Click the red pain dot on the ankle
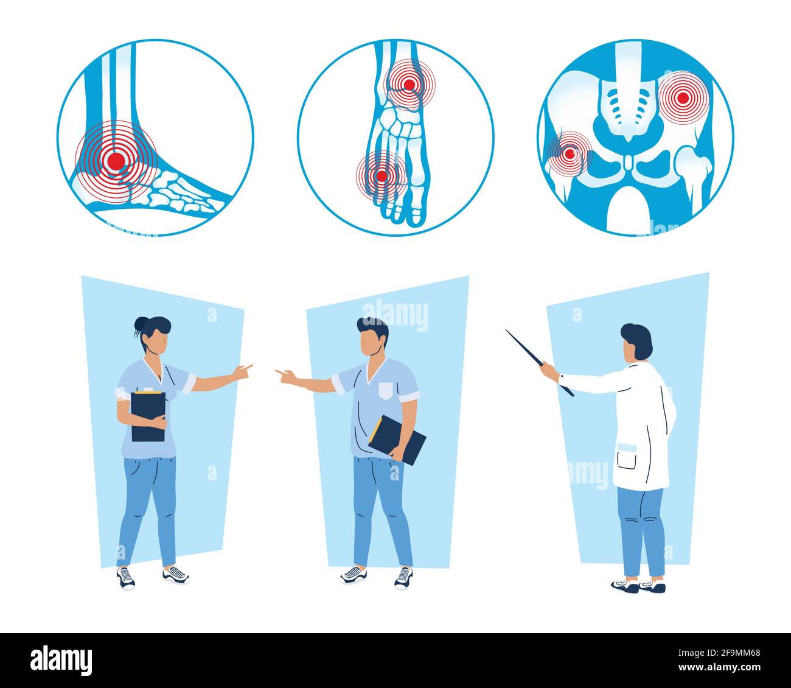click(116, 160)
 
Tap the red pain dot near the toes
click(382, 177)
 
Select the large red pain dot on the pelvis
click(683, 97)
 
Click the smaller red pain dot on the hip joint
click(570, 153)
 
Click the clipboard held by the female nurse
click(148, 416)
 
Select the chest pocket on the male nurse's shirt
click(386, 390)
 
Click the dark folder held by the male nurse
click(397, 440)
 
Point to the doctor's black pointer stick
click(535, 359)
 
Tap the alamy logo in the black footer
click(61, 661)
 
